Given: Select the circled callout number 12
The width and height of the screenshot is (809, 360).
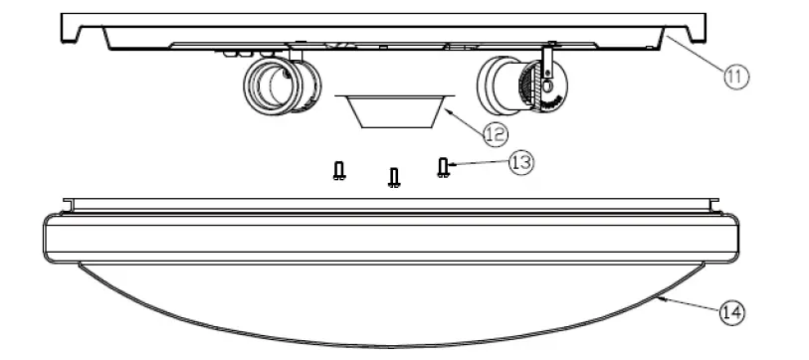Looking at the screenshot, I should [x=495, y=131].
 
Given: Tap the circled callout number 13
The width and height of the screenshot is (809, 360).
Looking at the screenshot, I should [x=519, y=163].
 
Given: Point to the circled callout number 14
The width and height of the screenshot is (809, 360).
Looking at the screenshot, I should [x=730, y=312].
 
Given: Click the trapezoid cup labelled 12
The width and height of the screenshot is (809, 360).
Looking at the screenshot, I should [x=393, y=110].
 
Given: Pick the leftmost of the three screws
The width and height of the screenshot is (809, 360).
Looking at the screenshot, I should [x=339, y=171].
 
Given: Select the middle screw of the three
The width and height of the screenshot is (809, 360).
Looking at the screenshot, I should [x=394, y=178].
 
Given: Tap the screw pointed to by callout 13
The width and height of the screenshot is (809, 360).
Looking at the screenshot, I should [x=443, y=167].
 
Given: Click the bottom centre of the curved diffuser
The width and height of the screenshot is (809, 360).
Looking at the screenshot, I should [x=393, y=346].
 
